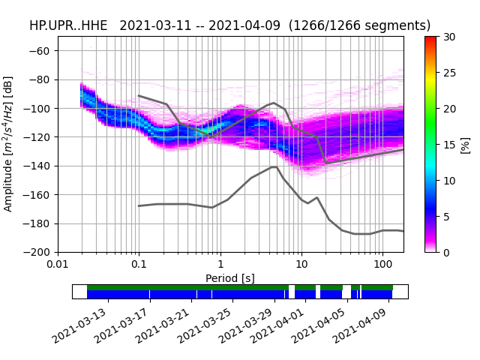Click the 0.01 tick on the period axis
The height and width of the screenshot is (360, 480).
[x=58, y=265]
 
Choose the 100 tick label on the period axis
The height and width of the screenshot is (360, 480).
[x=382, y=265]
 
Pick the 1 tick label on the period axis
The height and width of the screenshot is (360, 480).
[x=220, y=265]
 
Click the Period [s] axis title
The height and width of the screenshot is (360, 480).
[x=230, y=278]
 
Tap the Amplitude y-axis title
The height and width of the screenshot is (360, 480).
[x=8, y=143]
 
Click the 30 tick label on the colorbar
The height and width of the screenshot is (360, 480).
[x=448, y=37]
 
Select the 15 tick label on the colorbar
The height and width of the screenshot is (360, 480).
[x=448, y=145]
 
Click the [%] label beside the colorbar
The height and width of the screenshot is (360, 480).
[x=466, y=144]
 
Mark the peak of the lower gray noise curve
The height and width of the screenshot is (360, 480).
[x=274, y=166]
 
